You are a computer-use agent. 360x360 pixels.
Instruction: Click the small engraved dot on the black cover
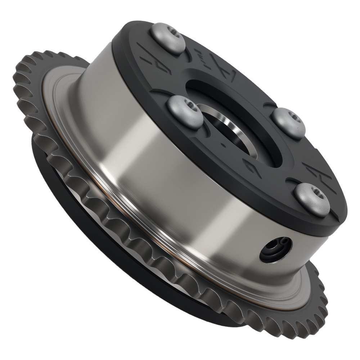click(224, 146)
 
